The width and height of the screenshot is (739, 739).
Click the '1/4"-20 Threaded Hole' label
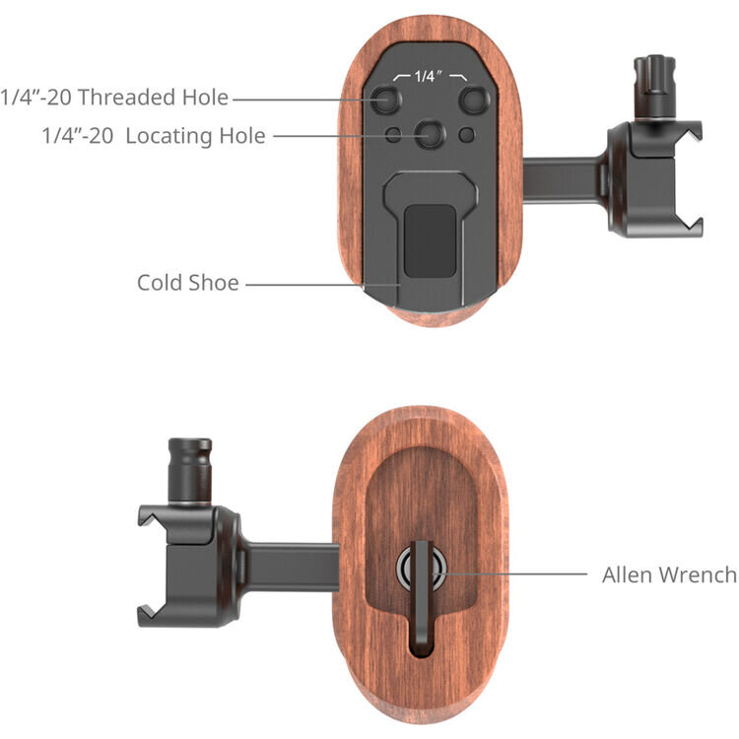point(114,98)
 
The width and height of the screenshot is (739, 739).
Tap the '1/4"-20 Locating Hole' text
point(154,136)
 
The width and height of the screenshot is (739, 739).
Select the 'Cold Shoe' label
point(188,283)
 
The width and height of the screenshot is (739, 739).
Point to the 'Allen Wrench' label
point(670,574)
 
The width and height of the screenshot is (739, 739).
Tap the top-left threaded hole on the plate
point(385,100)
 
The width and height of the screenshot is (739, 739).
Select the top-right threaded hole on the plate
point(475,100)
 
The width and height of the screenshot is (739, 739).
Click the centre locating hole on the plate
point(430,135)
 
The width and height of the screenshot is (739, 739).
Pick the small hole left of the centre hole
point(393,135)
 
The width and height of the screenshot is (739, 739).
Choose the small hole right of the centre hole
point(467,135)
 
